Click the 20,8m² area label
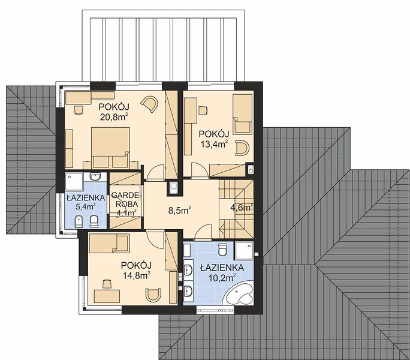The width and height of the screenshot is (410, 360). pyautogui.click(x=113, y=117)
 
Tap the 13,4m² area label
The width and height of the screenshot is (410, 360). pyautogui.click(x=214, y=144)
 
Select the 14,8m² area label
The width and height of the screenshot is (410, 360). pyautogui.click(x=136, y=275)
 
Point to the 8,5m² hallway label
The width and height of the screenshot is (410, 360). pyautogui.click(x=179, y=210)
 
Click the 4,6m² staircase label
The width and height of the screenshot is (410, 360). pyautogui.click(x=242, y=208)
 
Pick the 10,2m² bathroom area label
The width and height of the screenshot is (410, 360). pyautogui.click(x=222, y=277)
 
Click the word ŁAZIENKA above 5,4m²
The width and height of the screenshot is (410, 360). pyautogui.click(x=86, y=197)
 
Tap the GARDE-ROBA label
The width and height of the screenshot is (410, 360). pyautogui.click(x=125, y=200)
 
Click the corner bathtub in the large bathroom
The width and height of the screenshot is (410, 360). pyautogui.click(x=240, y=293)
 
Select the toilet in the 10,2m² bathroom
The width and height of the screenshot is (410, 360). pyautogui.click(x=222, y=249)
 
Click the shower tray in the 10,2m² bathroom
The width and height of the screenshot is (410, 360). pyautogui.click(x=244, y=251)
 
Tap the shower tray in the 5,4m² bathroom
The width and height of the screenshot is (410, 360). pyautogui.click(x=74, y=181)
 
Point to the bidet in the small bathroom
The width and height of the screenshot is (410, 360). pyautogui.click(x=79, y=222)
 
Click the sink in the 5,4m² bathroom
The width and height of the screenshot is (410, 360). pyautogui.click(x=95, y=177)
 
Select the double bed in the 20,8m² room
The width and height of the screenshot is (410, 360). pyautogui.click(x=110, y=148)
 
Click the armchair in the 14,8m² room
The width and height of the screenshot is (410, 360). pyautogui.click(x=153, y=295)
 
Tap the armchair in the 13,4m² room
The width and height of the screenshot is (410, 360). pyautogui.click(x=242, y=148)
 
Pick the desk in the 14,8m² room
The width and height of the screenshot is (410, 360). pyautogui.click(x=107, y=296)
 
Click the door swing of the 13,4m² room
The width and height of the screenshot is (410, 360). pyautogui.click(x=200, y=170)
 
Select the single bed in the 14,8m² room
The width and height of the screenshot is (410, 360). pyautogui.click(x=109, y=244)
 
